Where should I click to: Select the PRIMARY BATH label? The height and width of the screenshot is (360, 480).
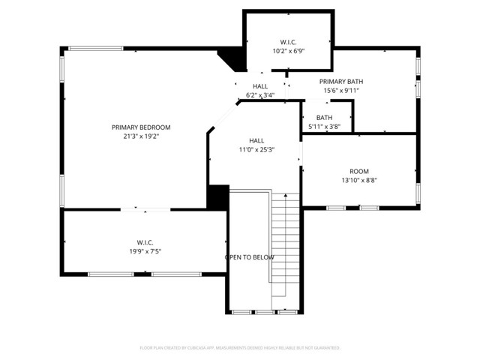point(341,81)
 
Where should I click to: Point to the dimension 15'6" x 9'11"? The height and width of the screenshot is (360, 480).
point(341,90)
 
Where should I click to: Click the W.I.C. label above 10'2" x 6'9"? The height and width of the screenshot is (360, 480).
point(289,42)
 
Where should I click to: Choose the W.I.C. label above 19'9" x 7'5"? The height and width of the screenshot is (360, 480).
point(145,242)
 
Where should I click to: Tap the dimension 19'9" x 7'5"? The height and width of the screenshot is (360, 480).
point(145,251)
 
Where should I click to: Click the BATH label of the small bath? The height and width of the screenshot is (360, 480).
point(324,118)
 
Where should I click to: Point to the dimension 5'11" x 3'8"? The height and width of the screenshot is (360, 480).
point(324,127)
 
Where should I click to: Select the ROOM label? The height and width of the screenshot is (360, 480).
point(359,171)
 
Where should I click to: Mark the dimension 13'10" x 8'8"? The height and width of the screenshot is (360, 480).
point(359,180)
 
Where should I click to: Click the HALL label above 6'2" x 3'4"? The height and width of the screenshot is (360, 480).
point(260,86)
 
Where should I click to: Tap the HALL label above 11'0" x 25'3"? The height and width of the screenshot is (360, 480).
point(256,140)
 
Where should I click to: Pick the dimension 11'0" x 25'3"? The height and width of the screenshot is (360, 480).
point(256,149)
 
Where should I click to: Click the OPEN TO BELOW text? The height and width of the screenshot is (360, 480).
point(250,257)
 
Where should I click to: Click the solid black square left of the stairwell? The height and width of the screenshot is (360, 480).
point(217,196)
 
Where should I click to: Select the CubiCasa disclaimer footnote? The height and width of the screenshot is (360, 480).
point(239,348)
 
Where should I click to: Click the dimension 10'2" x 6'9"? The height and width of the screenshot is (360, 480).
point(289,51)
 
